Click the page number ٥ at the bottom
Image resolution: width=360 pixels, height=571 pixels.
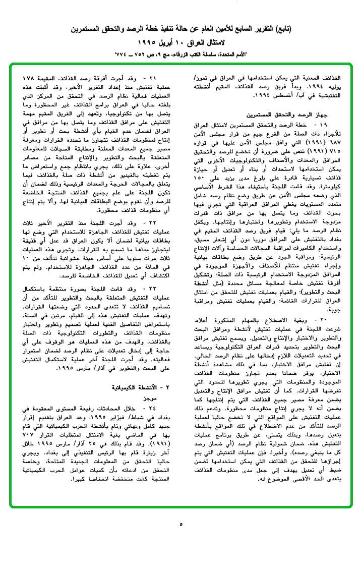[181, 524]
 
